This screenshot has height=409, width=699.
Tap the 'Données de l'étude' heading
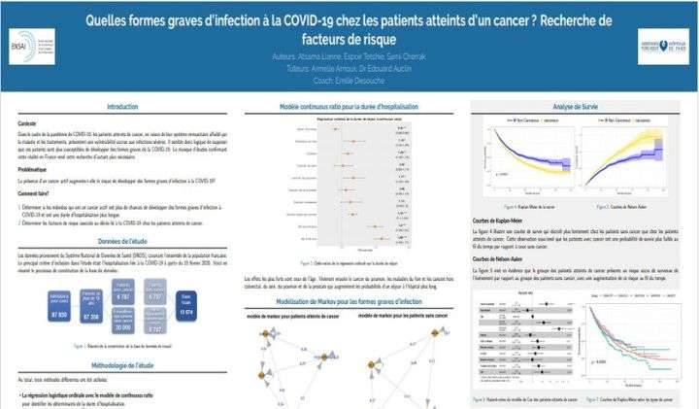(x=122, y=238)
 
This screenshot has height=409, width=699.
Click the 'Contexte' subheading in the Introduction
(x=29, y=123)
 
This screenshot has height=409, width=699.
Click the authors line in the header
(x=349, y=56)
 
